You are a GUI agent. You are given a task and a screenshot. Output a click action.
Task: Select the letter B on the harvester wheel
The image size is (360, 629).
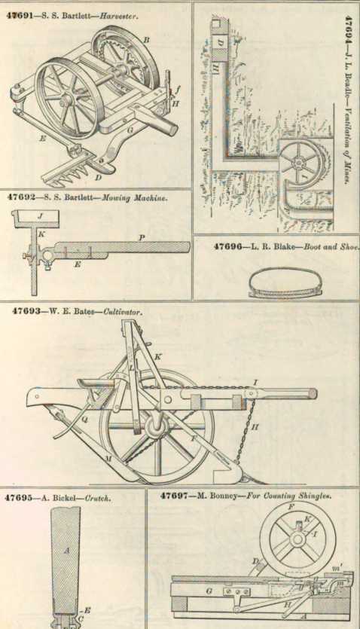coord(146,39)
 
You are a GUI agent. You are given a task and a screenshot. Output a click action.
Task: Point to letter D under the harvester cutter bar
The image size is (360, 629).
coord(98,176)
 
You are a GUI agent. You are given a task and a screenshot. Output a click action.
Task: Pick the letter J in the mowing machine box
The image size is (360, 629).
coord(39,216)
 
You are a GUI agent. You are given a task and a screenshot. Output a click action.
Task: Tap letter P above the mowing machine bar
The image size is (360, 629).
coord(142,238)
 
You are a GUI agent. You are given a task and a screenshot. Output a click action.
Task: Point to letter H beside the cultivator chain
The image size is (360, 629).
coord(255,428)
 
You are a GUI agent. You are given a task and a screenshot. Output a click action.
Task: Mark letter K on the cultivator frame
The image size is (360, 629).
coord(157,356)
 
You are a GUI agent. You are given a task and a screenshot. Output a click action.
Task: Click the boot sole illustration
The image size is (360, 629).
coord(285,282)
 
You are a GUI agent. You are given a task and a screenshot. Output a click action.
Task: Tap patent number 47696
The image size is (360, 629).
coord(227,246)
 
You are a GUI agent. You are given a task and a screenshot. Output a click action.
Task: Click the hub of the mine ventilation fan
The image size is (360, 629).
coord(298,163)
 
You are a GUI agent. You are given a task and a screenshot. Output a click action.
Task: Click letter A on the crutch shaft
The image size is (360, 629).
coord(66,551)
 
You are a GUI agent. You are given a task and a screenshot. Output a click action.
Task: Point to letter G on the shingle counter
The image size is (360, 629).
coord(209,591)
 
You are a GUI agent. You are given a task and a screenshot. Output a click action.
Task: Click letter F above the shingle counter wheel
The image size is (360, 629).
coord(291,506)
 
